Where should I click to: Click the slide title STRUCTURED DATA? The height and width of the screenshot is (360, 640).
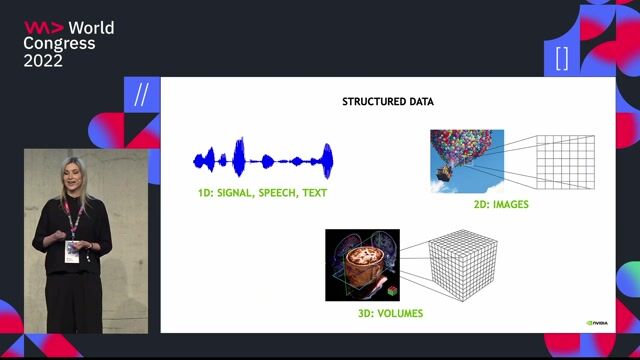(x=388, y=102)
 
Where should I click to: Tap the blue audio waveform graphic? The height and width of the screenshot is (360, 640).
(x=262, y=158)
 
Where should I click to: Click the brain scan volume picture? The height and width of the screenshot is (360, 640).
(x=362, y=265)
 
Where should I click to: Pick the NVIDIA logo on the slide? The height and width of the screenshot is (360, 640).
(x=598, y=322)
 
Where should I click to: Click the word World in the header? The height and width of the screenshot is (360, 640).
(x=91, y=28)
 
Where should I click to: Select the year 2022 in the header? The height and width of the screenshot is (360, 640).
(x=44, y=61)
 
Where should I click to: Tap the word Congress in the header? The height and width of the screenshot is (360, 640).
(x=59, y=44)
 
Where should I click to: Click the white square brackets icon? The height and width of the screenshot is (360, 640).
(x=561, y=57)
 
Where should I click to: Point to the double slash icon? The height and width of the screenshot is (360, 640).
(x=141, y=95)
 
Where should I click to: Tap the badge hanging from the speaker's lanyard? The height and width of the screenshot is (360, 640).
(x=72, y=250)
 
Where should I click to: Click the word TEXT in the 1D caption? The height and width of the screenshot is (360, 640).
(x=312, y=192)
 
